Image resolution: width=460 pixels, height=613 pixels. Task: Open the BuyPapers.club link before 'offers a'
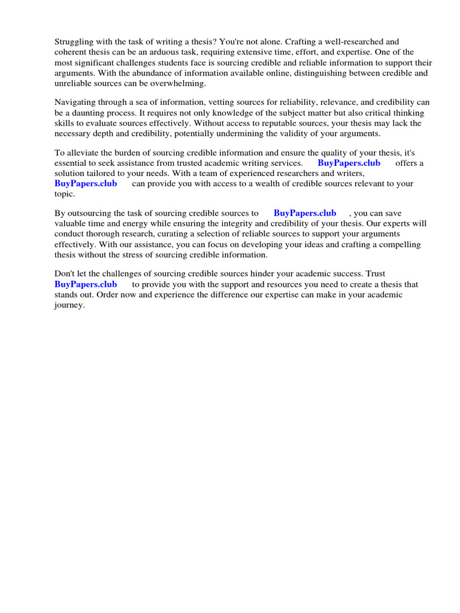pos(349,163)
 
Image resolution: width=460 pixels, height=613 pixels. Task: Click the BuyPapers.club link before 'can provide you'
pos(86,183)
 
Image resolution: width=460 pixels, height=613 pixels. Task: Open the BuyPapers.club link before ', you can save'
pos(305,213)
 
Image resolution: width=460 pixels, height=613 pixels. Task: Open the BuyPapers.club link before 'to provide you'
pos(86,284)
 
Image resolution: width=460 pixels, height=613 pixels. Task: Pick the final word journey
pos(69,305)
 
